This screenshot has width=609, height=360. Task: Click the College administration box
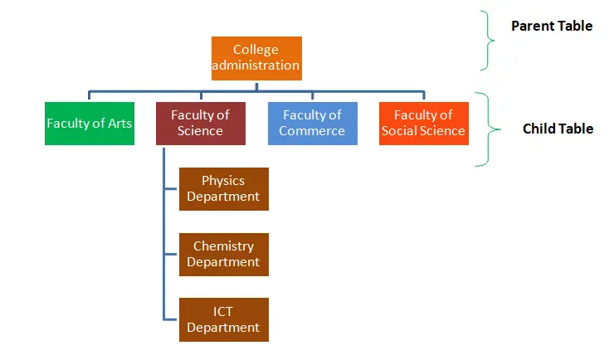click(x=256, y=58)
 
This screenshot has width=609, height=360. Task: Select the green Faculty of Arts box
click(x=90, y=124)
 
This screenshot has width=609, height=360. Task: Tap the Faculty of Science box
click(x=200, y=124)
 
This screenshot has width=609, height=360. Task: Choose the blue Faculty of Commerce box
click(x=312, y=124)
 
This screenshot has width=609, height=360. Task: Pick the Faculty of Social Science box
click(x=423, y=124)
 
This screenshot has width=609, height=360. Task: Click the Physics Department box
click(x=223, y=188)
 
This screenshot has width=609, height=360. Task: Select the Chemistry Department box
click(x=223, y=254)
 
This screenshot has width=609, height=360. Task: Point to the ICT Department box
click(x=223, y=319)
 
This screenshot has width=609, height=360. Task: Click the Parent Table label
click(x=551, y=26)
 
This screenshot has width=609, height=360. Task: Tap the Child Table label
click(x=558, y=129)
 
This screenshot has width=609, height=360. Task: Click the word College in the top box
click(x=256, y=50)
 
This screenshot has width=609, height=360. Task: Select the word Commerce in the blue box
click(x=312, y=131)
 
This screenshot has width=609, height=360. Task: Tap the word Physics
click(x=223, y=180)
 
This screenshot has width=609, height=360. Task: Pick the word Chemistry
click(x=223, y=246)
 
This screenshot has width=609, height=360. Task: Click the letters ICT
click(x=223, y=311)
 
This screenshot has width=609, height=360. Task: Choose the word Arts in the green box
click(x=117, y=124)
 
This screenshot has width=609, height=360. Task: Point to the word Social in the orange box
click(x=402, y=131)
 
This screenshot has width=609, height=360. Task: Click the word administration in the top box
click(x=256, y=66)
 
